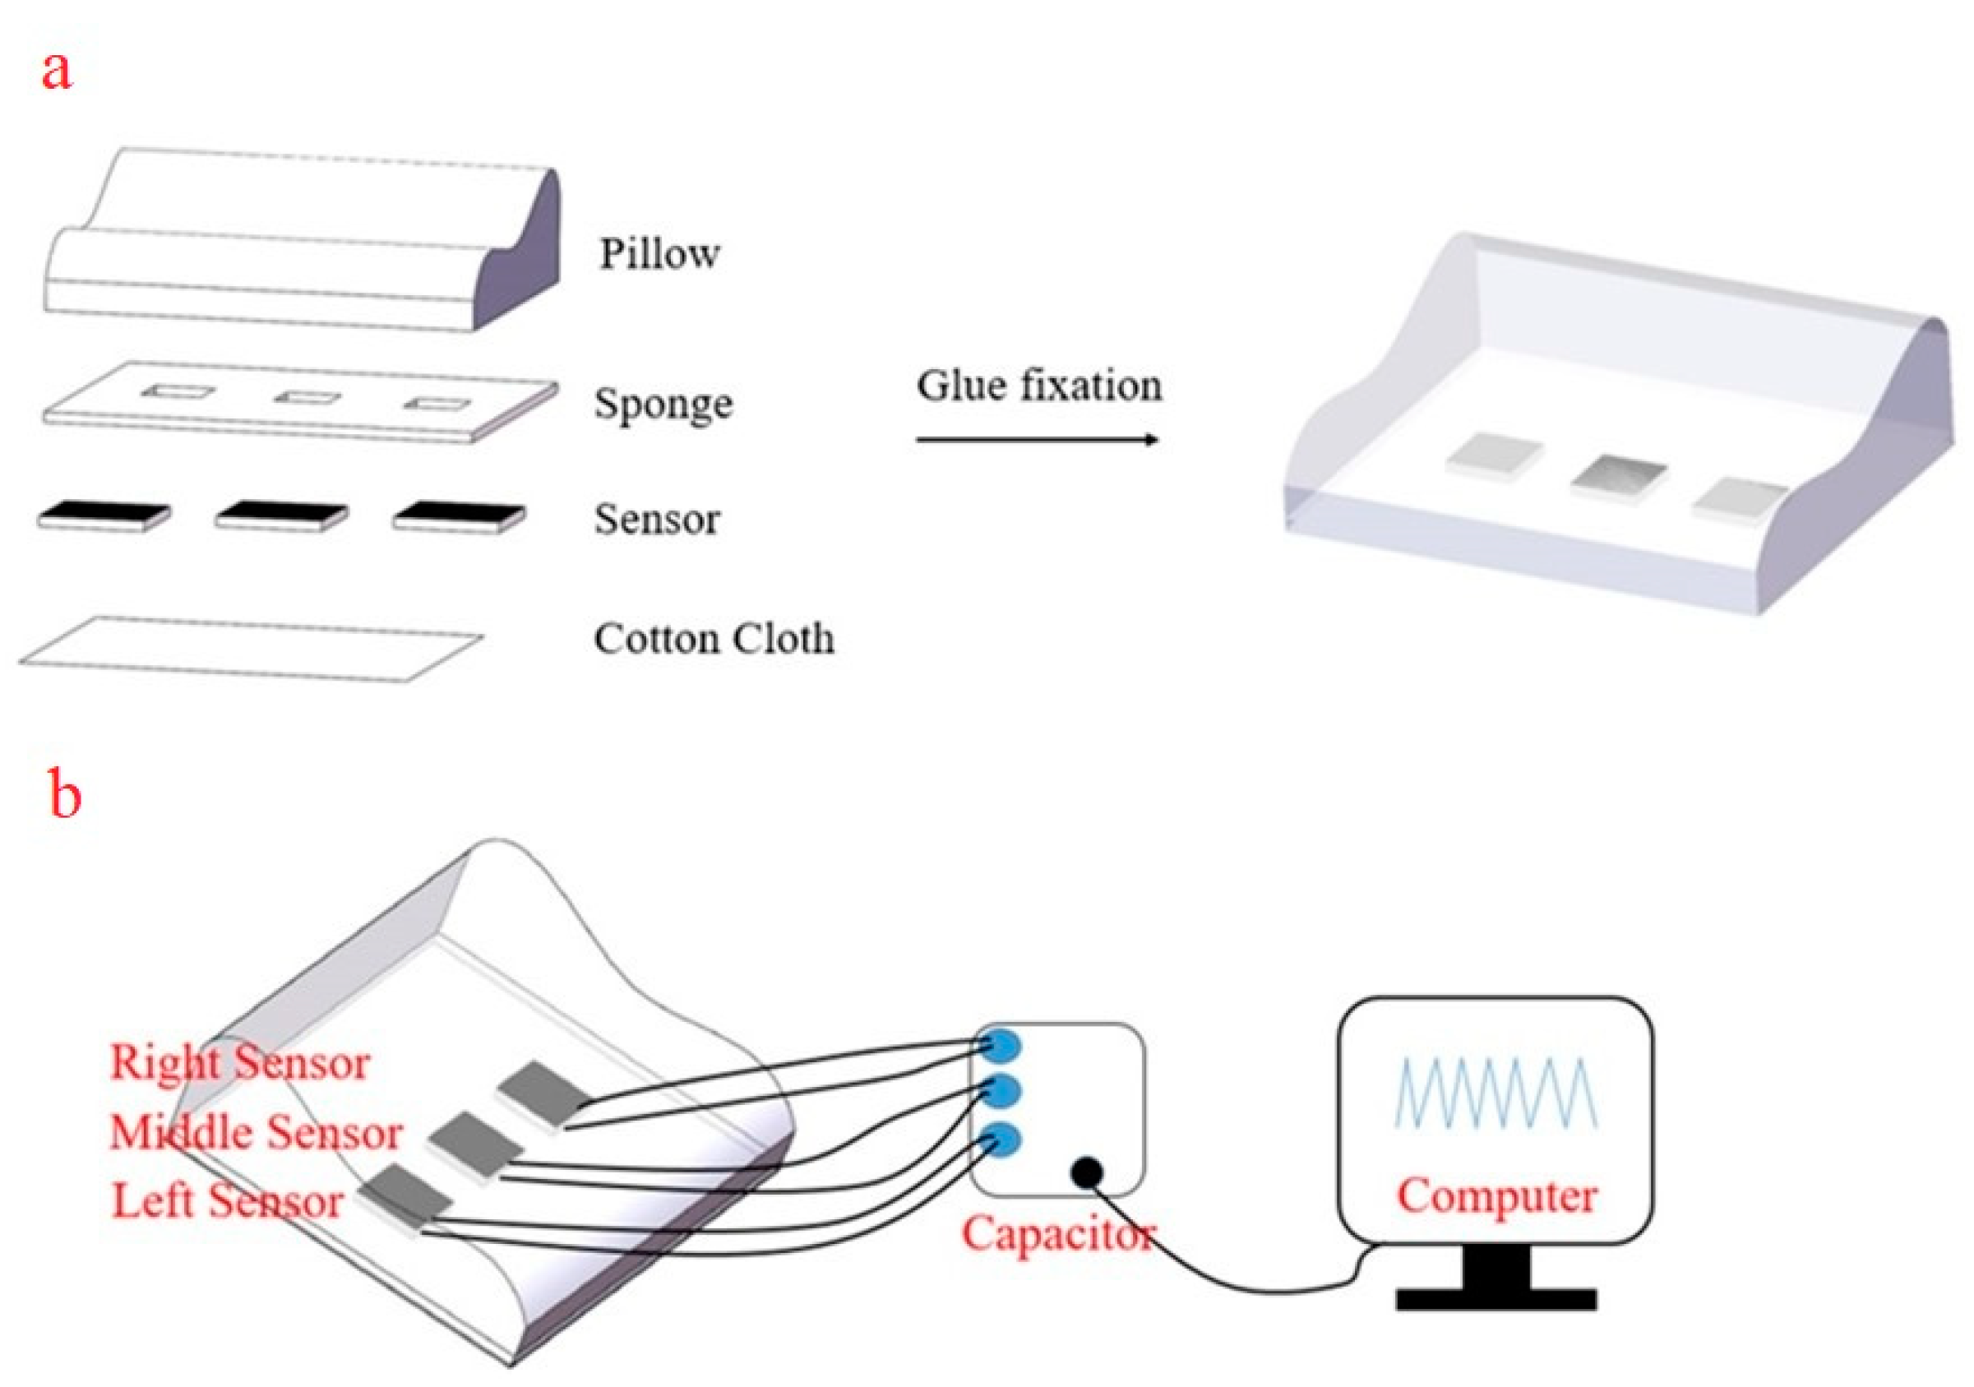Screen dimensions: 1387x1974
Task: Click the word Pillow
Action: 659,255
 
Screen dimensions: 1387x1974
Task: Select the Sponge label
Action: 663,405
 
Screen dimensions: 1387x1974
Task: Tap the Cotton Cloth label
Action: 714,640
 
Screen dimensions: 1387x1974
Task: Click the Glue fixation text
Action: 1038,386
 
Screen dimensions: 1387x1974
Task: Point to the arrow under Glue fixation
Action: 1037,440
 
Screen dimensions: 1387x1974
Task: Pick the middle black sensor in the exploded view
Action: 281,513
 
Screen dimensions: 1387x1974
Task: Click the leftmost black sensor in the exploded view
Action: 103,513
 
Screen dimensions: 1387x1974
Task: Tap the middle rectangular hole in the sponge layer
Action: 307,397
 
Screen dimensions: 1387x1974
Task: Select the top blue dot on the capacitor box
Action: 1001,1046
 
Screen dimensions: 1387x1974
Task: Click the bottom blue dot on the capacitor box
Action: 1000,1141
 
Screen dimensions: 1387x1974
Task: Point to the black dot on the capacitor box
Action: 1087,1171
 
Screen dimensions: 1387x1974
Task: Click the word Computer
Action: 1496,1196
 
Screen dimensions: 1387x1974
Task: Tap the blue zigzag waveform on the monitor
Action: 1496,1092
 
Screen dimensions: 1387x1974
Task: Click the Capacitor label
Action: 1057,1235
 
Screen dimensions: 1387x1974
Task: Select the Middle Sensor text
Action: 257,1132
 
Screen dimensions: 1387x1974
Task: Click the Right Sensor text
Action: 240,1063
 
